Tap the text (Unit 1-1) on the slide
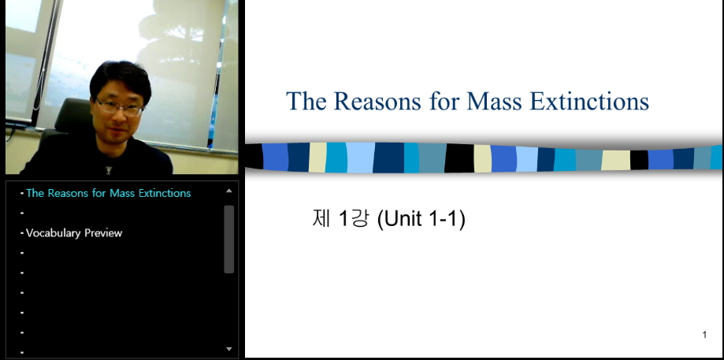(421, 219)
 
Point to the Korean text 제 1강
(340, 218)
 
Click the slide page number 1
(704, 335)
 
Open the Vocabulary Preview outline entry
(74, 233)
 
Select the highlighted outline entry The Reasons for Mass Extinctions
(109, 193)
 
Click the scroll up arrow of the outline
(229, 191)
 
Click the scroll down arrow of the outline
(229, 349)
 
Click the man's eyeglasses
(120, 107)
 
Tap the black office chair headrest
(72, 114)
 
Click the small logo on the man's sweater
(109, 170)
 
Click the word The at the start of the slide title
(306, 101)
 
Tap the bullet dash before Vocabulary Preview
(22, 233)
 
